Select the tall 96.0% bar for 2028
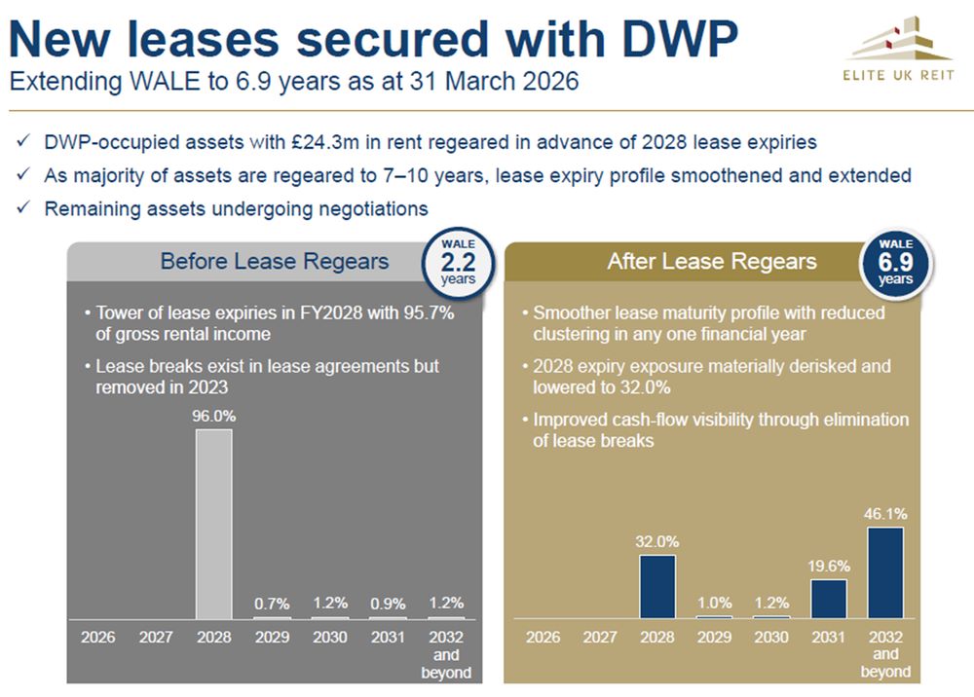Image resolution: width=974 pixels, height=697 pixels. tap(214, 524)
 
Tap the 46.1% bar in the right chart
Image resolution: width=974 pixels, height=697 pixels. tap(885, 572)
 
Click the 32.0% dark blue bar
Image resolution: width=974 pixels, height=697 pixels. tap(657, 586)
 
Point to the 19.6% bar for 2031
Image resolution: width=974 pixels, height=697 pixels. tap(828, 599)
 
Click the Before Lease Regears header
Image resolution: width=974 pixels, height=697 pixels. tap(275, 261)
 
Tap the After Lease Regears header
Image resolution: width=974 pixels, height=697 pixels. tap(712, 261)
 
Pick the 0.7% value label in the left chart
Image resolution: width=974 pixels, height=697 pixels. tap(272, 604)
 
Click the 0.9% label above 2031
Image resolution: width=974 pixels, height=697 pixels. tap(388, 604)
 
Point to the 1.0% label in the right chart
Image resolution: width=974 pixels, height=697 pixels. tap(715, 603)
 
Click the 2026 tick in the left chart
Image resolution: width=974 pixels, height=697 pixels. tap(97, 638)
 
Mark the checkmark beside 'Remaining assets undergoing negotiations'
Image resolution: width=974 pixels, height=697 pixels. tap(22, 208)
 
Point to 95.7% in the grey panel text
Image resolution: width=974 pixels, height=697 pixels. tap(421, 313)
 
